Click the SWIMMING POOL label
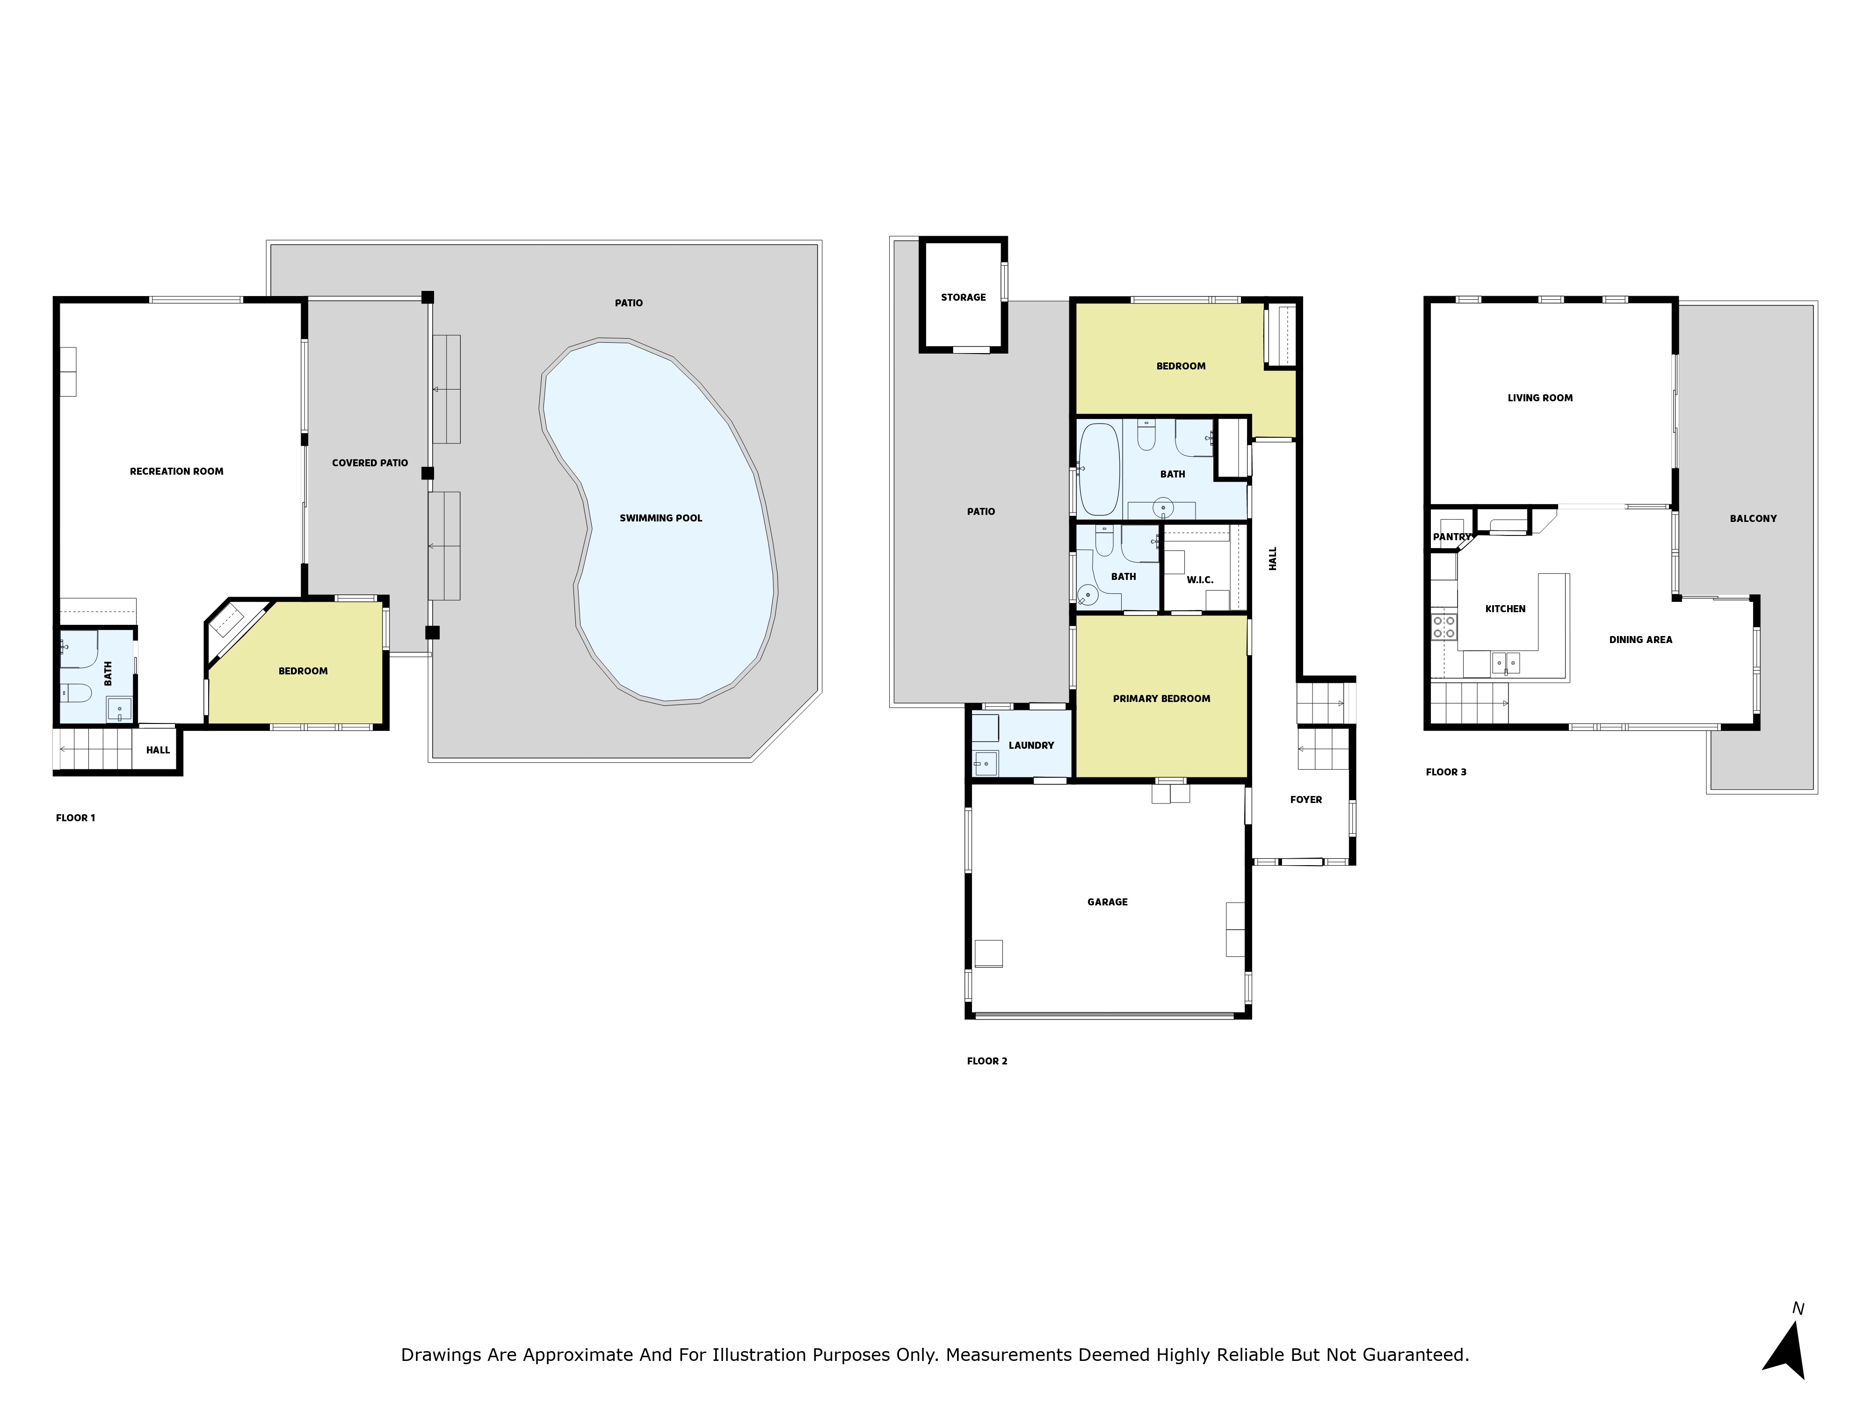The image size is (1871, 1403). coord(660,518)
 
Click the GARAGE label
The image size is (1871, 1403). coord(1107,902)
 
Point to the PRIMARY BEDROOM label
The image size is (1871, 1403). coord(1161,699)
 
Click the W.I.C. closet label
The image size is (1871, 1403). coord(1199,580)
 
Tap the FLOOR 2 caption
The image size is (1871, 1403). coord(987,1061)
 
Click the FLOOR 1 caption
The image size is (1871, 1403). coord(75,818)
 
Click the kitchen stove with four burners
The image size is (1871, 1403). coord(1444,627)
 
